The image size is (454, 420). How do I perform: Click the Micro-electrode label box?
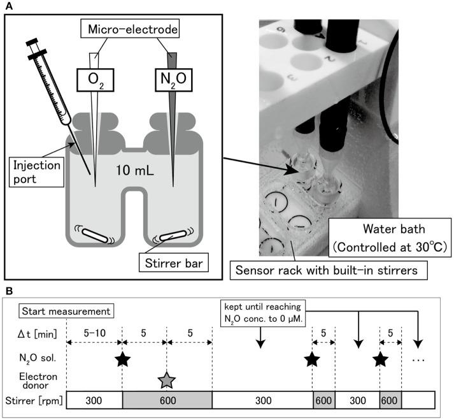[x=130, y=29]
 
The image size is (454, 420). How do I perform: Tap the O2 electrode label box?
[x=96, y=80]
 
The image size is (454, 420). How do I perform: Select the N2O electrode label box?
[x=174, y=80]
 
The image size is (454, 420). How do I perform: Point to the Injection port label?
[x=36, y=172]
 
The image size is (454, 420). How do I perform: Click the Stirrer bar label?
[x=174, y=263]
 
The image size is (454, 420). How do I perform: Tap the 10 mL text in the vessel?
[x=135, y=170]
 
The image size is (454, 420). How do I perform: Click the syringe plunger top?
[x=32, y=42]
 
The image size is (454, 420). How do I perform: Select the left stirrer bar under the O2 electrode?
[x=95, y=235]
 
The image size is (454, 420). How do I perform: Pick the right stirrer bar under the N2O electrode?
[x=173, y=235]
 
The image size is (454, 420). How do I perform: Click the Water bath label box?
[x=390, y=238]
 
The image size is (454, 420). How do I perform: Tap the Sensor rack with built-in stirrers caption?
[x=329, y=270]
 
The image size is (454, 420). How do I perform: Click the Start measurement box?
[x=66, y=311]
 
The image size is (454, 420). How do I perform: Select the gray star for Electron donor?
[x=167, y=380]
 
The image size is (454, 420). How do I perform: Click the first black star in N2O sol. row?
[x=122, y=359]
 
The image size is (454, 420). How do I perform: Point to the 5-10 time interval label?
[x=95, y=333]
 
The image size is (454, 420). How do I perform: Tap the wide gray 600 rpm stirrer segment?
[x=167, y=400]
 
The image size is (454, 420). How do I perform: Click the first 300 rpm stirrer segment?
[x=94, y=400]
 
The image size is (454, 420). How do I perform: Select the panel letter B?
[x=9, y=291]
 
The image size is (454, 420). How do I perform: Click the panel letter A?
[x=9, y=6]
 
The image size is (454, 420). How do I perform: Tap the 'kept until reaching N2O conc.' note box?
[x=263, y=313]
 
